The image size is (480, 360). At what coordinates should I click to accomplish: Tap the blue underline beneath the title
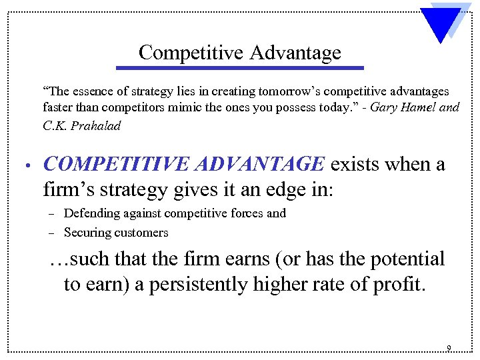(x=240, y=67)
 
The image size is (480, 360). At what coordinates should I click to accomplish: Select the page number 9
(x=449, y=348)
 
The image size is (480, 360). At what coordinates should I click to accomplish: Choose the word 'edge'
(x=267, y=190)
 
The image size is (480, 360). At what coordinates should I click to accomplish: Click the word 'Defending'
(x=92, y=213)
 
